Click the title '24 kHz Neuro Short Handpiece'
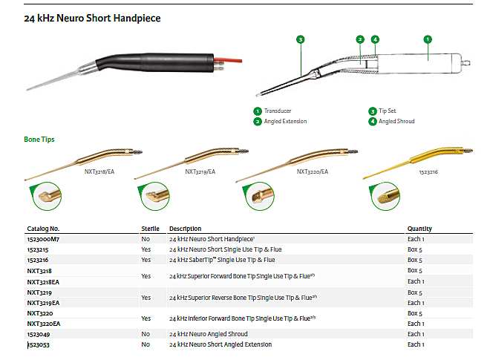click(x=92, y=17)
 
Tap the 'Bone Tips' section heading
click(x=39, y=139)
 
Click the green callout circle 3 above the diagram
click(x=300, y=39)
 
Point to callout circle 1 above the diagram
click(x=428, y=39)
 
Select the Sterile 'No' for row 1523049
click(x=146, y=335)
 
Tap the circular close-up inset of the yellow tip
click(x=385, y=197)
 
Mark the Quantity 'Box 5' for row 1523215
click(x=416, y=249)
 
